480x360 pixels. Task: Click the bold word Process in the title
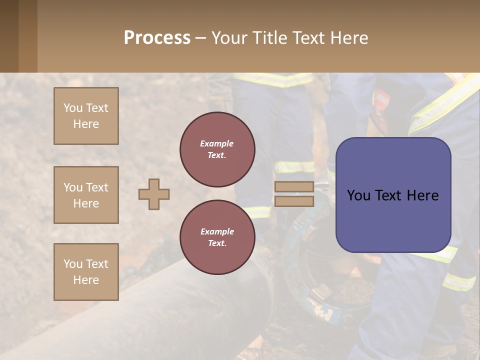pyautogui.click(x=157, y=38)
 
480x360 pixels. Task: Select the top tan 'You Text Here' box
pyautogui.click(x=86, y=116)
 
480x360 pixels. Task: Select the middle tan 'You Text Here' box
pyautogui.click(x=86, y=195)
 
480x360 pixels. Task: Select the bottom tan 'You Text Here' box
pyautogui.click(x=86, y=272)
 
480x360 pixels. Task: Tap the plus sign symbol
pyautogui.click(x=154, y=194)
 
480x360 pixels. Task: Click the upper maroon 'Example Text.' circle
pyautogui.click(x=217, y=149)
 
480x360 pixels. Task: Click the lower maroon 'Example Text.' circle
pyautogui.click(x=217, y=237)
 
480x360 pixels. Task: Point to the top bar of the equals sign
pyautogui.click(x=294, y=187)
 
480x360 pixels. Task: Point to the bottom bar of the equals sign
pyautogui.click(x=294, y=201)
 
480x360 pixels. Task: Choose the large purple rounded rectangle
pyautogui.click(x=393, y=195)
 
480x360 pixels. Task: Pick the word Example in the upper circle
pyautogui.click(x=217, y=143)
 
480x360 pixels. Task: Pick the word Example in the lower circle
pyautogui.click(x=217, y=231)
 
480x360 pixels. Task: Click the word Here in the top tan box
pyautogui.click(x=86, y=124)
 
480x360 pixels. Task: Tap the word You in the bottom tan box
pyautogui.click(x=73, y=264)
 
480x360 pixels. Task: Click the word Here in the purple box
pyautogui.click(x=423, y=195)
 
